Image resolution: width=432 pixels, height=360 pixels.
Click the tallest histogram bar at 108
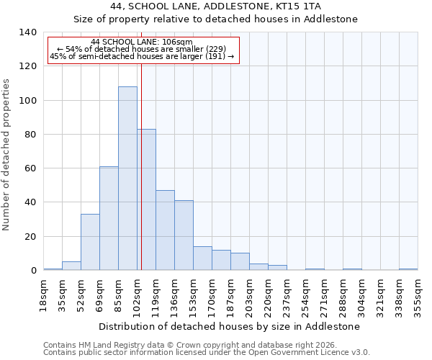pos(127,179)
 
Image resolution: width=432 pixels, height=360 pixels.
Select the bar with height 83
pos(147,199)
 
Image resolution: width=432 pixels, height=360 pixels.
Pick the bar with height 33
pos(90,242)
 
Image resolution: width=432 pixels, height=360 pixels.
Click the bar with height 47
pos(165,230)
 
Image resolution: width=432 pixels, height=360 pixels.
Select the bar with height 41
pos(184,235)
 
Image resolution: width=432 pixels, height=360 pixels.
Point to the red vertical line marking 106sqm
pos(141,166)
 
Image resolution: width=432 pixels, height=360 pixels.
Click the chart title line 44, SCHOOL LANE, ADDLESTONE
pos(215,6)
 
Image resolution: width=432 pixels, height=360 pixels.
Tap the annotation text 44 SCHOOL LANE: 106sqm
pos(142,42)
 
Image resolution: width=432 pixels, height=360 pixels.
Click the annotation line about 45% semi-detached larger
pos(142,56)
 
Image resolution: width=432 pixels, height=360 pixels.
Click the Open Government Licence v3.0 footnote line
pos(207,352)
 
